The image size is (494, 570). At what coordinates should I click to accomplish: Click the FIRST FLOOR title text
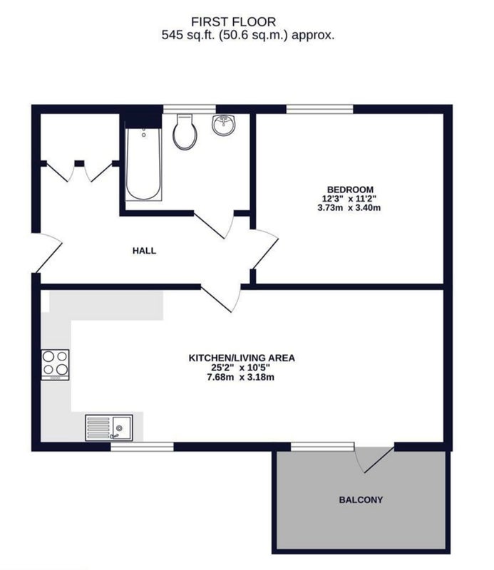coord(247,21)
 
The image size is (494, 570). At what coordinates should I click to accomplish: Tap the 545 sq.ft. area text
coord(247,34)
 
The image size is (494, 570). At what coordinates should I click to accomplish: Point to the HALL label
coord(144,251)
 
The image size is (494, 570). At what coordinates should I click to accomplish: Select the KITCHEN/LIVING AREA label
coord(241,357)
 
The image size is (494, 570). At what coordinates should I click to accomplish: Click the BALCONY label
coord(360,499)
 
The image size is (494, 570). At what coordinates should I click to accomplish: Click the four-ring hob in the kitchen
coord(55,364)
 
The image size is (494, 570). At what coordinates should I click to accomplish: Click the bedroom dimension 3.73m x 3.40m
coord(349,208)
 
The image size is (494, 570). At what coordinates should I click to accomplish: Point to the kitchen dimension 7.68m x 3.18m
coord(241,377)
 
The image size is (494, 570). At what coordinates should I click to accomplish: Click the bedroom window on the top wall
coord(319,109)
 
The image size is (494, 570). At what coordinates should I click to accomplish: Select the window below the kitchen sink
coord(142,447)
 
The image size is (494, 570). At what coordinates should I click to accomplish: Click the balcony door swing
coord(376,459)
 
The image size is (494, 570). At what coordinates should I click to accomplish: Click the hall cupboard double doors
coord(78,171)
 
